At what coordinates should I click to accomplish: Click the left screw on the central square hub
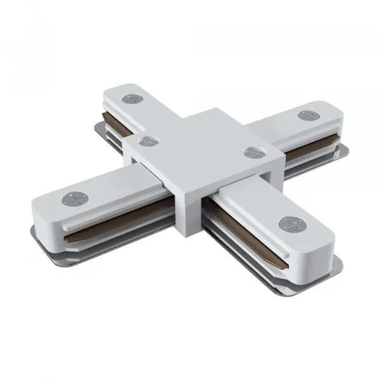coord(148,142)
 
